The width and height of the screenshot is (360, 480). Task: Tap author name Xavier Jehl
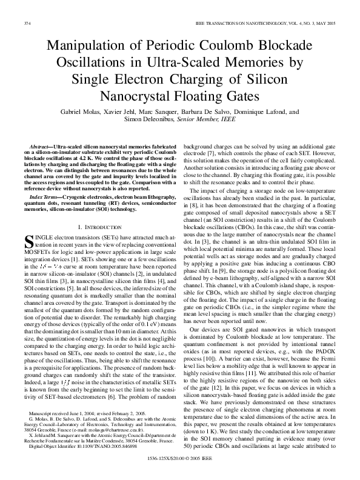pos(129,112)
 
